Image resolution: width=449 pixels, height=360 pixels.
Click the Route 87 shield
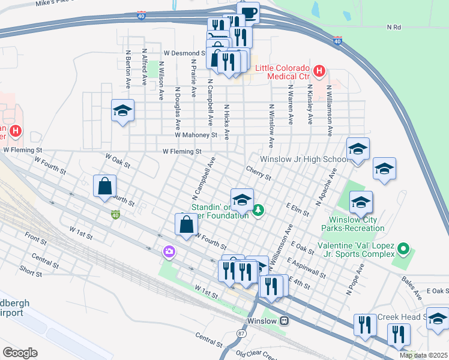point(241,316)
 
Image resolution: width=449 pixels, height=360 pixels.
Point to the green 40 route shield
point(115,214)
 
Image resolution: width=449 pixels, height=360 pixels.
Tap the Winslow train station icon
point(285,321)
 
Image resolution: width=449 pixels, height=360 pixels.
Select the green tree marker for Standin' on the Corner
point(258,210)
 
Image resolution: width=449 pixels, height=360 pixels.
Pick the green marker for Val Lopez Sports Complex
point(404,248)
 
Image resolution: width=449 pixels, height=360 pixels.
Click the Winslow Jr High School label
point(303,160)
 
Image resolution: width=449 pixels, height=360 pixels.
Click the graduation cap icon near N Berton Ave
point(122,111)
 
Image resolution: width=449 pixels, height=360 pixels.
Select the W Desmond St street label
point(181,53)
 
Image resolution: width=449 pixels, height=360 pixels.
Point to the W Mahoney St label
point(196,136)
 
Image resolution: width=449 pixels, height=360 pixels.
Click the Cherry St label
point(258,173)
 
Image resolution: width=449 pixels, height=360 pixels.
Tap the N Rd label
point(394,28)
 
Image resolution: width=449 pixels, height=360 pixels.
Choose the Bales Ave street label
point(412,283)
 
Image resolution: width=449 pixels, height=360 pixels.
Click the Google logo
point(20,353)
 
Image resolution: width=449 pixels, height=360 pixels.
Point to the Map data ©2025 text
point(423,355)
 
